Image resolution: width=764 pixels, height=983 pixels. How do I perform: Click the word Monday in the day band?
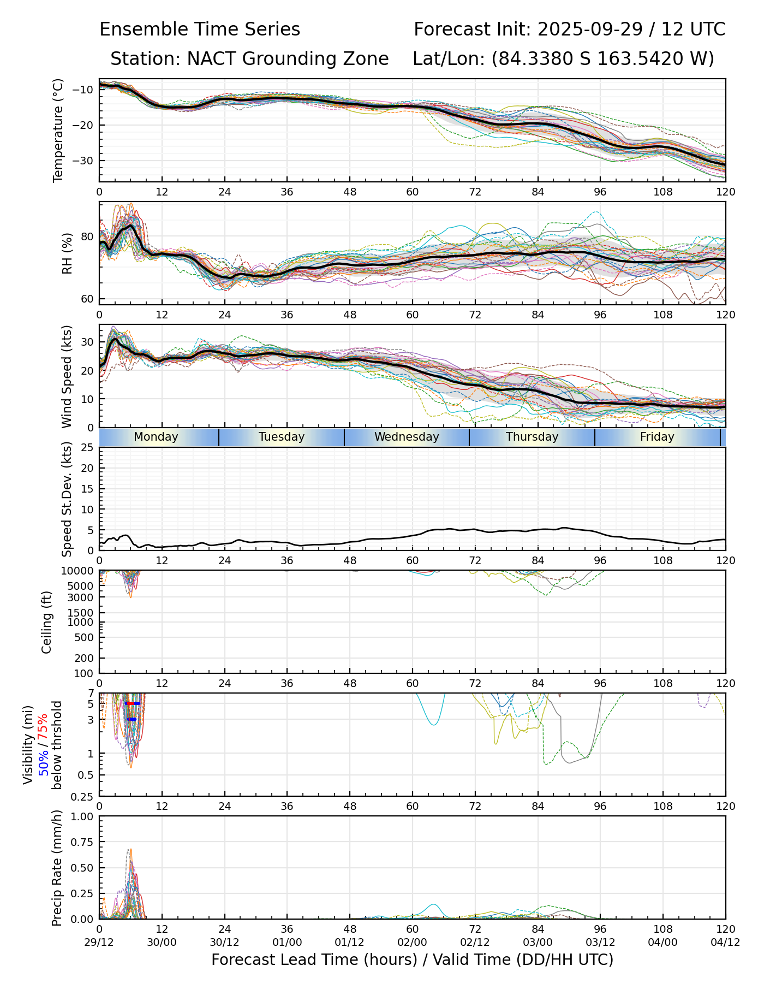(156, 437)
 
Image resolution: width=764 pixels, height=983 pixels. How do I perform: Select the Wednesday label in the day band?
(407, 437)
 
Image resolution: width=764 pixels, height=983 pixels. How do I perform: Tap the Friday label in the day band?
(657, 437)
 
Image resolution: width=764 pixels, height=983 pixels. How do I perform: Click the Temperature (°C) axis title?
(58, 130)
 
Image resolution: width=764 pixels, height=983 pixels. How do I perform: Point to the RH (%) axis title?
(67, 253)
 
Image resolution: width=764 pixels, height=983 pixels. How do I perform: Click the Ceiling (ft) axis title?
(47, 622)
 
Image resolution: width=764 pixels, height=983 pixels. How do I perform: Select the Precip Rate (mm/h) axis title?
(57, 868)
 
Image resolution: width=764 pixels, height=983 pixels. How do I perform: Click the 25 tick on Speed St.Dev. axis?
(88, 448)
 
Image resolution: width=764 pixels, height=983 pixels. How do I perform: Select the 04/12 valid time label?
(725, 943)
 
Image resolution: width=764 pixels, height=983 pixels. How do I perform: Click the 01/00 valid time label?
(287, 943)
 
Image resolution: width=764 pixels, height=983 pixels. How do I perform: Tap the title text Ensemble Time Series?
(200, 29)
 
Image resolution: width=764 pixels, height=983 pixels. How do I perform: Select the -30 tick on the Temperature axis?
(86, 161)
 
